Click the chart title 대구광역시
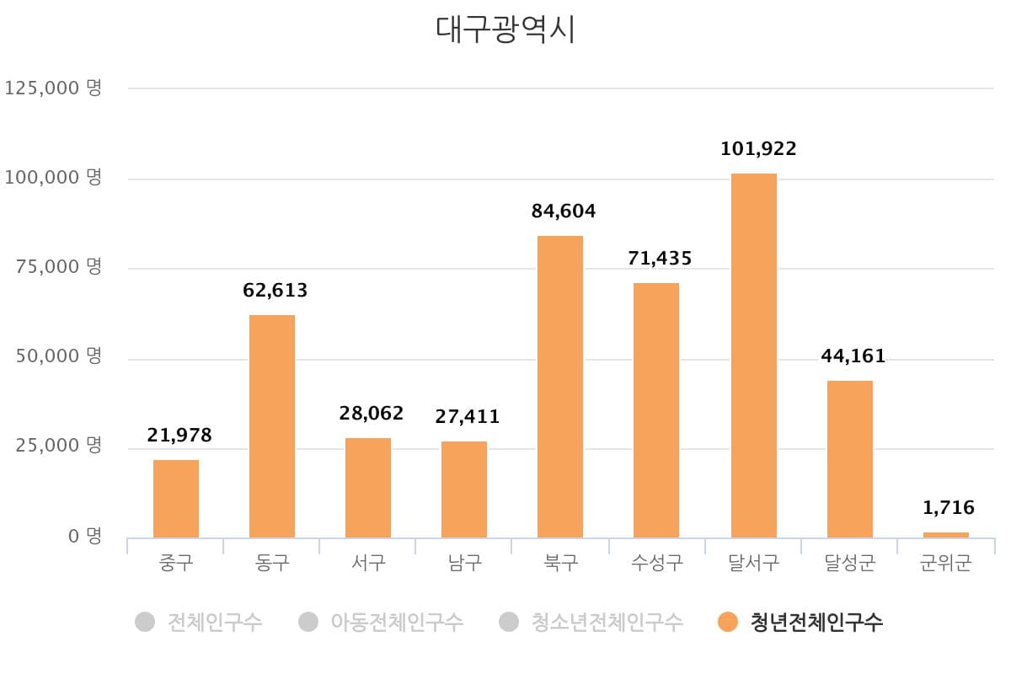505,29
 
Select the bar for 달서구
753,356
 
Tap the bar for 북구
560,387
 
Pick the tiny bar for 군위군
946,535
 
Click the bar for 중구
176,499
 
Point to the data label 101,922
758,149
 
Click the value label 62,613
275,292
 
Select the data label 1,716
948,508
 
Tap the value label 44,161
853,356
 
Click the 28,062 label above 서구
372,414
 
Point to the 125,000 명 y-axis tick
53,88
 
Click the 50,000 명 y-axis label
57,356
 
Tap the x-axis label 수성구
656,563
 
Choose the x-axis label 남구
464,563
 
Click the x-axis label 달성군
849,563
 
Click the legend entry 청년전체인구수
816,623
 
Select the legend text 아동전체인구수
396,623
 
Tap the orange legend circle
728,623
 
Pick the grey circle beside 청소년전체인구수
508,623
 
